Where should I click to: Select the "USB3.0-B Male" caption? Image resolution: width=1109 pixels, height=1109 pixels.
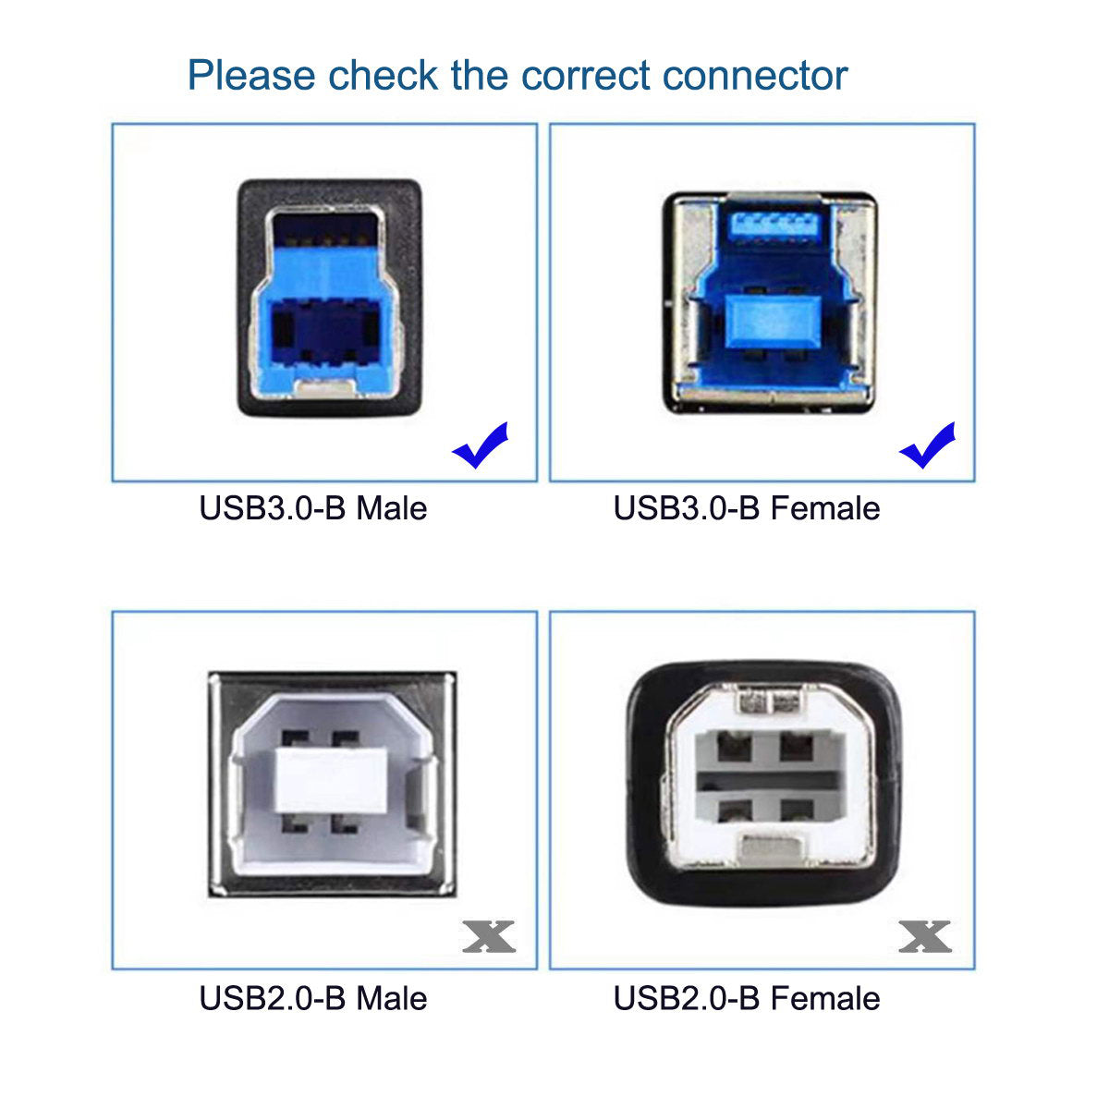click(x=313, y=508)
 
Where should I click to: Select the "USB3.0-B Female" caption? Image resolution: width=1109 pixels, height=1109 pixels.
click(x=747, y=508)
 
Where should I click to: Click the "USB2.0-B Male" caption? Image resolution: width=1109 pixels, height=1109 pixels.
click(x=313, y=998)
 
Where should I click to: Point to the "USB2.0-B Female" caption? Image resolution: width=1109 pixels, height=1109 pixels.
click(x=747, y=998)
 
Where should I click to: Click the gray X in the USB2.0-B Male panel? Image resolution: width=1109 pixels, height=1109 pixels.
click(x=489, y=937)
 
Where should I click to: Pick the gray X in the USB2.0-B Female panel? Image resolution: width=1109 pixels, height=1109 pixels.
click(x=925, y=937)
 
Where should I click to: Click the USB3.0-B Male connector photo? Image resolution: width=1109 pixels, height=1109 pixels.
click(x=330, y=298)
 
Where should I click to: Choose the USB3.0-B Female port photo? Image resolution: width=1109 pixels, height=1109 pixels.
click(x=768, y=301)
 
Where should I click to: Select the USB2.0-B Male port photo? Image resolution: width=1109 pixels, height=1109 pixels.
click(x=332, y=784)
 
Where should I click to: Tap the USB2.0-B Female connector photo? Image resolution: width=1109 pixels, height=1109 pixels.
click(x=764, y=784)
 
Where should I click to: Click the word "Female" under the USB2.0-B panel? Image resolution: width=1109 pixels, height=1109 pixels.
click(x=825, y=998)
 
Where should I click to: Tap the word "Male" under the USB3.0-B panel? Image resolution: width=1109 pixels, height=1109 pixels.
click(x=392, y=508)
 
